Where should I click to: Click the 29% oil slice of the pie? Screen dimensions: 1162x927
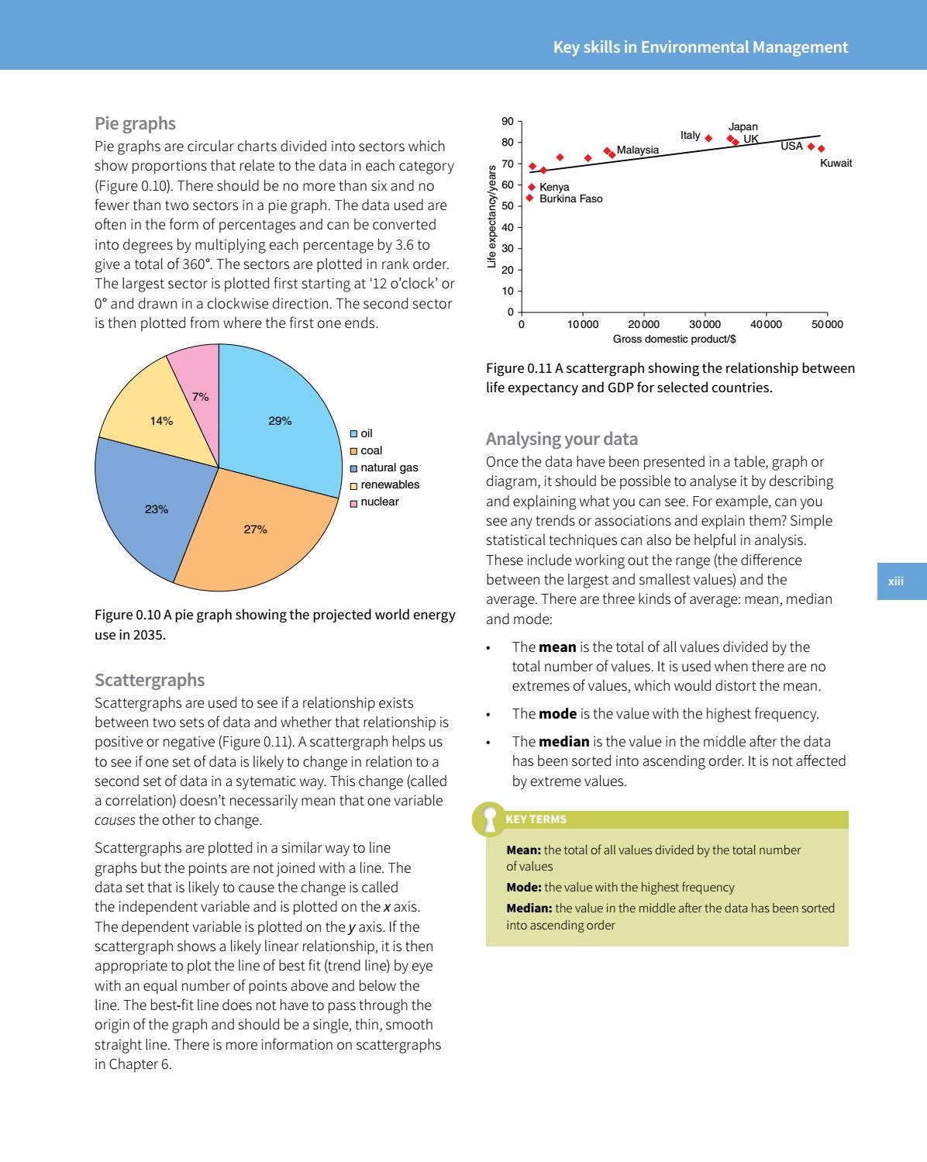click(x=279, y=419)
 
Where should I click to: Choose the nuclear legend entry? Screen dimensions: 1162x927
click(x=379, y=502)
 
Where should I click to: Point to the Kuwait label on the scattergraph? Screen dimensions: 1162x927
click(x=836, y=163)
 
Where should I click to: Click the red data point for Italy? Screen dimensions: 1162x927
click(x=708, y=139)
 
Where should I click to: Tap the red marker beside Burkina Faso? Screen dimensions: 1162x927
click(x=529, y=198)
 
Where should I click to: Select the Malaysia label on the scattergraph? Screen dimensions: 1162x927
click(x=637, y=150)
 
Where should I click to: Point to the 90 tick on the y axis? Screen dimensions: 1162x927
click(x=508, y=121)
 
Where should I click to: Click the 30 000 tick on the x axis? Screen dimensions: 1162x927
click(x=705, y=324)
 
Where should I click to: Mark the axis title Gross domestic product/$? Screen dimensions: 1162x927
click(x=674, y=339)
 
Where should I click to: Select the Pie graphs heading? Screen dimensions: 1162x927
click(x=135, y=123)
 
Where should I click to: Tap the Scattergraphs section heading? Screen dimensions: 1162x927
click(x=150, y=680)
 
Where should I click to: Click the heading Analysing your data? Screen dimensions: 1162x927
click(x=561, y=439)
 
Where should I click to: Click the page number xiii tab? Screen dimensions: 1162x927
click(x=896, y=581)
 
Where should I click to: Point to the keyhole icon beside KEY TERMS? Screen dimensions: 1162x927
click(x=489, y=819)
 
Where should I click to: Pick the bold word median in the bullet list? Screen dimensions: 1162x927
click(x=563, y=741)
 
